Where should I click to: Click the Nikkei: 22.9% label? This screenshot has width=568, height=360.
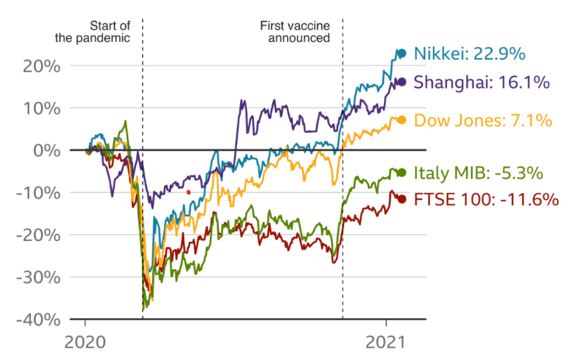click(469, 54)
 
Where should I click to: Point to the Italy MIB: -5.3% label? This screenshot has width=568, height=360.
click(478, 173)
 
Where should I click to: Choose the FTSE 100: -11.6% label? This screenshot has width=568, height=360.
click(486, 199)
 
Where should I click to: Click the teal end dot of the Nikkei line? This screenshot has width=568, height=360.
click(402, 54)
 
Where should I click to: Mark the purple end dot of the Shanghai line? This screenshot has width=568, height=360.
click(402, 82)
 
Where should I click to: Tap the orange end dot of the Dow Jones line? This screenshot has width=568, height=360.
click(402, 120)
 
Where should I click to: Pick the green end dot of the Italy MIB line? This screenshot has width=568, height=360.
click(402, 173)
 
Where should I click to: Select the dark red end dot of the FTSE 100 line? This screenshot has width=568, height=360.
click(402, 199)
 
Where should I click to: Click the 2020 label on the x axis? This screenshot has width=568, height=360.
click(85, 342)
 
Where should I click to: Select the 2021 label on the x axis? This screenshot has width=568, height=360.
click(386, 342)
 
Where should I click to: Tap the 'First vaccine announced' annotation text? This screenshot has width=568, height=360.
click(295, 31)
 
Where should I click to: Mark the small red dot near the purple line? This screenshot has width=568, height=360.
click(188, 192)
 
